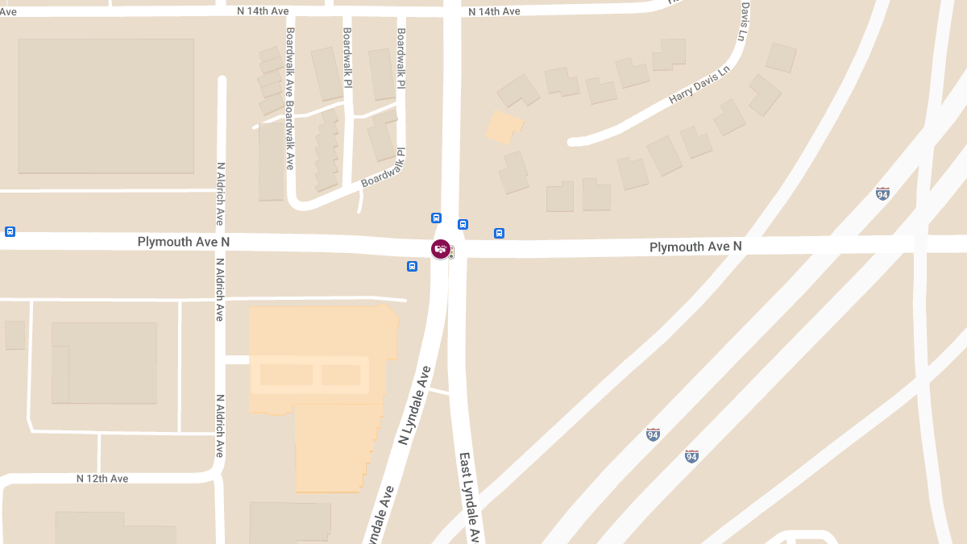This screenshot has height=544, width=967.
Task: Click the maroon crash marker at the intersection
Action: [x=440, y=250]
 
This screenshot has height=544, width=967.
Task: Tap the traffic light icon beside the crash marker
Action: [x=451, y=252]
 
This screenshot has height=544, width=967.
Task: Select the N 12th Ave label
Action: [x=102, y=479]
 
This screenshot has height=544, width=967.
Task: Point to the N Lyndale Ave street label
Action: [x=415, y=405]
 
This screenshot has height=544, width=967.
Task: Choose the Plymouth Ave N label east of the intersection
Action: [x=695, y=247]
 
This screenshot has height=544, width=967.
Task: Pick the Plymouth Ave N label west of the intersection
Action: [x=184, y=242]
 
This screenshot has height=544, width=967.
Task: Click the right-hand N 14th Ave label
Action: [x=495, y=11]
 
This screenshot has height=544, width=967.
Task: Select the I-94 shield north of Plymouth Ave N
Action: [x=882, y=193]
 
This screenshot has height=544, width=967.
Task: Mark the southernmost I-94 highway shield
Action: [x=691, y=455]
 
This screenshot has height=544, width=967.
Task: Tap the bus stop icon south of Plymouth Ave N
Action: [x=412, y=267]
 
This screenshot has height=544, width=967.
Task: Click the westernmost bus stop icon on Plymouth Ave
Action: [x=10, y=231]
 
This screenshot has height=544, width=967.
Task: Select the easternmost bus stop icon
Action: [x=499, y=234]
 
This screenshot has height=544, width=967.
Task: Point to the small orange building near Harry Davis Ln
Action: [x=504, y=127]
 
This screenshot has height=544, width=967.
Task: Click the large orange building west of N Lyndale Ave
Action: [x=322, y=387]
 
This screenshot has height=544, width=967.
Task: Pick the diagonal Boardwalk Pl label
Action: [x=383, y=168]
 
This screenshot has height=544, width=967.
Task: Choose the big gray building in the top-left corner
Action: [x=106, y=106]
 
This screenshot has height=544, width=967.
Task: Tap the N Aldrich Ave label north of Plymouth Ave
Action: [x=221, y=193]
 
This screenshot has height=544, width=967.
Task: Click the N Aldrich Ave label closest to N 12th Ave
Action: [x=219, y=426]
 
